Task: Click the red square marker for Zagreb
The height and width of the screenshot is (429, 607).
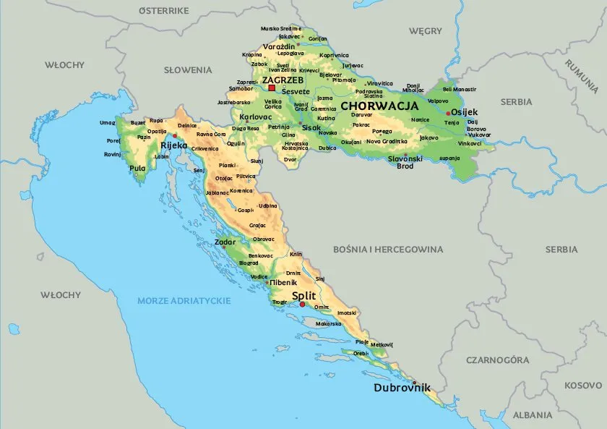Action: coord(272,88)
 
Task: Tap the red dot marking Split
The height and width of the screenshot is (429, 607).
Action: coord(302,305)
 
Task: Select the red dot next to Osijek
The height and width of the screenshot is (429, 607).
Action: coord(449,113)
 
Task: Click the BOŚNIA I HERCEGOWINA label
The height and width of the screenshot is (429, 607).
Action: coord(387,249)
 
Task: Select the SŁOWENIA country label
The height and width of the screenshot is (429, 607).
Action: coord(188,70)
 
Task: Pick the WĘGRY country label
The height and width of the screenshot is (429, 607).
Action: coord(425,31)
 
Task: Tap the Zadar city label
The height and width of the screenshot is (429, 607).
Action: coord(225,242)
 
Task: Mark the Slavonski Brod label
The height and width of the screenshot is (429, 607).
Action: coord(405,161)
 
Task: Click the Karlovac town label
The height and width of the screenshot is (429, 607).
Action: coord(255,116)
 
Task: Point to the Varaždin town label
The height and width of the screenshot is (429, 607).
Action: coord(279,46)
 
